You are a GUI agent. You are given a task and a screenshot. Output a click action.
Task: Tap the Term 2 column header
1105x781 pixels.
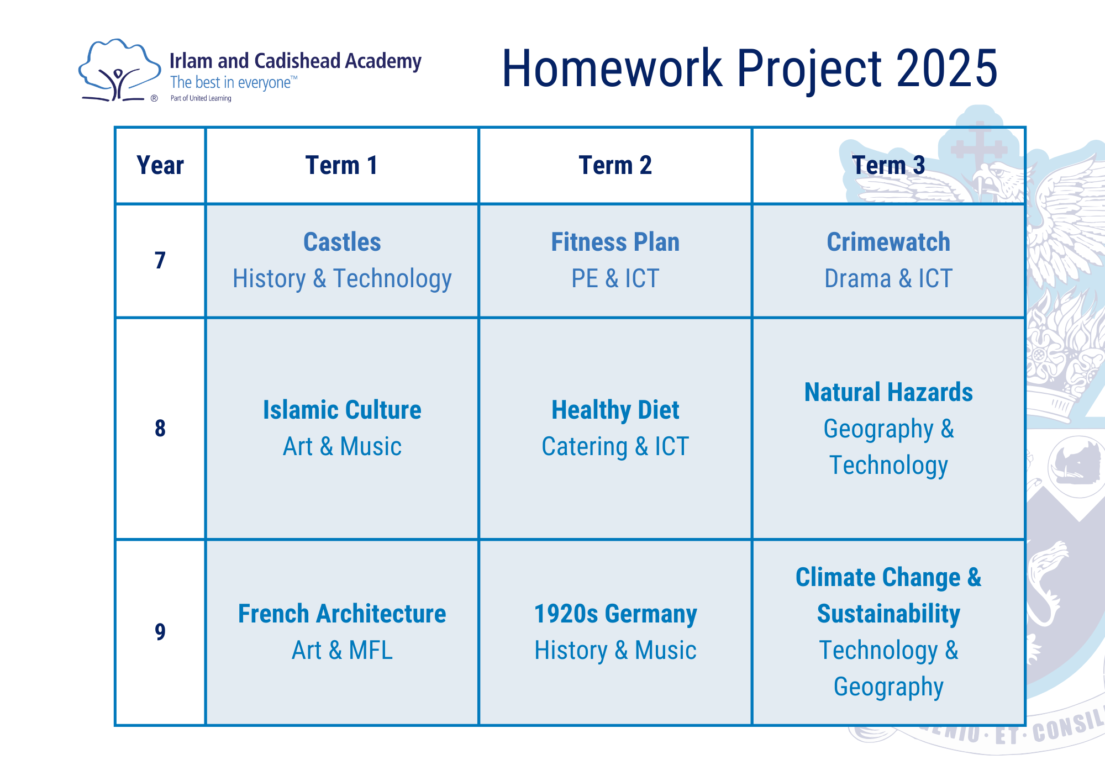(615, 165)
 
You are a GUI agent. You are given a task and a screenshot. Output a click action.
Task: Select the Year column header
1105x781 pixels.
(160, 165)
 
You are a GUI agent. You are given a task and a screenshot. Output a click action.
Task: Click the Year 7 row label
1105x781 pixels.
(160, 260)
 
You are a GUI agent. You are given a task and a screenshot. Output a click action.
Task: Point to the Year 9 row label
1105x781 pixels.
(160, 631)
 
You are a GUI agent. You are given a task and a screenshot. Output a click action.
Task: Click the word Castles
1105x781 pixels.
(342, 242)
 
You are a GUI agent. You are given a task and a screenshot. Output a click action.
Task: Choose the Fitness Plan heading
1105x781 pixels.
(615, 242)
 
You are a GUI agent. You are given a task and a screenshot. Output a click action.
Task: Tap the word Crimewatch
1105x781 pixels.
(888, 242)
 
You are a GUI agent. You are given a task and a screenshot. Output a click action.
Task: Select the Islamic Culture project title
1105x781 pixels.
(342, 410)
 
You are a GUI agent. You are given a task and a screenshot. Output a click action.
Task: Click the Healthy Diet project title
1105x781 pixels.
(615, 410)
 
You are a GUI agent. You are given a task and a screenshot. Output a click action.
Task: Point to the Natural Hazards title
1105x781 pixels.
(888, 392)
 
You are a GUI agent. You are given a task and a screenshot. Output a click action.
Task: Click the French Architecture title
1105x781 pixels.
(342, 614)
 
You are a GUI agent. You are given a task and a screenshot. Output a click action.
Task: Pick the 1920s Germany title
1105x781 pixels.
(615, 614)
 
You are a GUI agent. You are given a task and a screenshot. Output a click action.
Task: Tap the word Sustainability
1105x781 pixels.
(888, 614)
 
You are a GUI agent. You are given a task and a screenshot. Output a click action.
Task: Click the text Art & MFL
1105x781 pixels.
(342, 650)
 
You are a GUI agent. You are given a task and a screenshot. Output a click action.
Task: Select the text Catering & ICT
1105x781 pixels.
(615, 446)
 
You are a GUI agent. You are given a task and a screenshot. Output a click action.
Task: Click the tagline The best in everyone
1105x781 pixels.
(230, 82)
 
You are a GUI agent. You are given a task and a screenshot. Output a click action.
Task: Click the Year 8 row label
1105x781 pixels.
(160, 428)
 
